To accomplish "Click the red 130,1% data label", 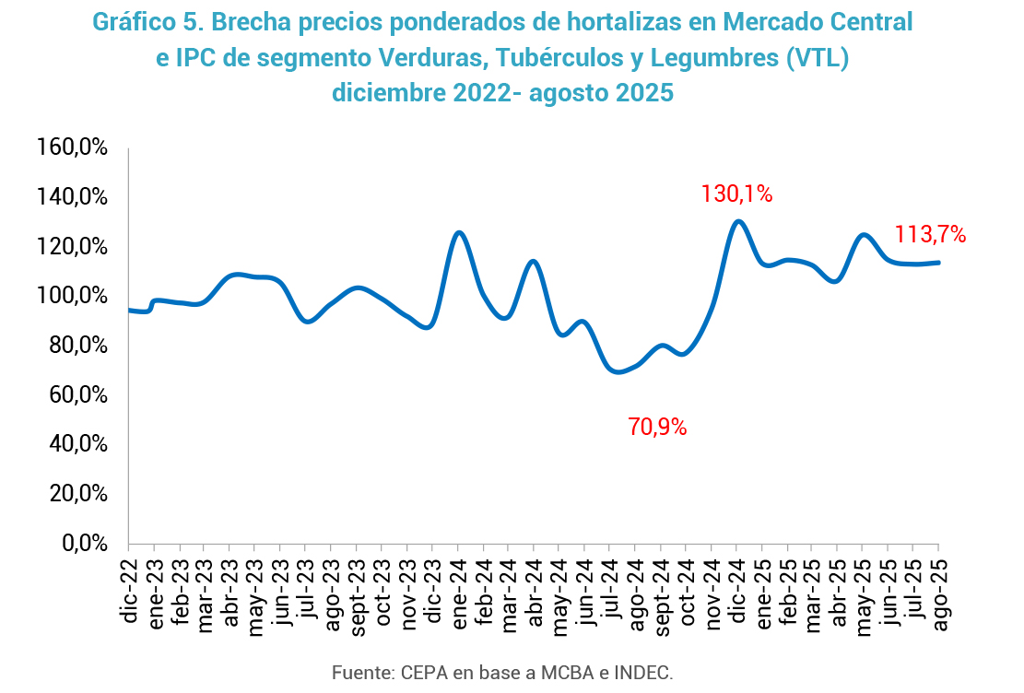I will click(736, 194).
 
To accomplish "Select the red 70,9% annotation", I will click(658, 428).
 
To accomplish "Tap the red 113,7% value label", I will click(930, 235).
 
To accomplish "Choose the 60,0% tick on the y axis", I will click(77, 395).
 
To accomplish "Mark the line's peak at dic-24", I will click(737, 221).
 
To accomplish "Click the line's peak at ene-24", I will click(459, 232).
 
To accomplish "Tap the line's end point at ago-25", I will click(938, 263).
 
